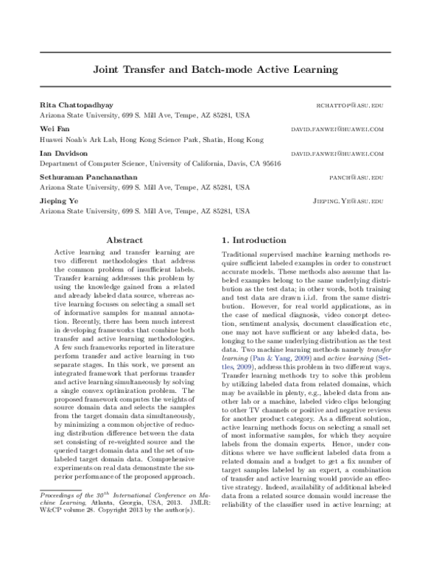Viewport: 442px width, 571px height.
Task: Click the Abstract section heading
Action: (124, 240)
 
